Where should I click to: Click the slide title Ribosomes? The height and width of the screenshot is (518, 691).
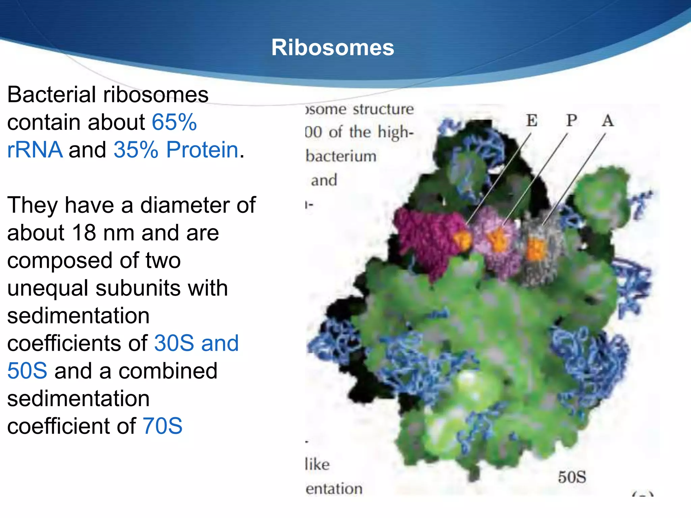[x=332, y=48]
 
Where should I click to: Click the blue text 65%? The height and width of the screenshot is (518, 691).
[x=174, y=122]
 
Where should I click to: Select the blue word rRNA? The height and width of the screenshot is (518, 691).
[x=35, y=150]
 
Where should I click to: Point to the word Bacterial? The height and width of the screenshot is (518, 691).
[x=51, y=95]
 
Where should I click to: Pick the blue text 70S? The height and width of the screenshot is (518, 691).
[x=162, y=426]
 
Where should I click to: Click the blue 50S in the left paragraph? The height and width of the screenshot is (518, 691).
[x=27, y=371]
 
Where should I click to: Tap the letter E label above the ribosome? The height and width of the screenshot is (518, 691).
[x=532, y=120]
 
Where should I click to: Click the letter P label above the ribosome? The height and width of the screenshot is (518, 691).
[x=572, y=120]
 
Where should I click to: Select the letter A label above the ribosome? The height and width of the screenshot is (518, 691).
[x=608, y=121]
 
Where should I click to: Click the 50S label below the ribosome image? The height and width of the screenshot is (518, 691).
[x=572, y=477]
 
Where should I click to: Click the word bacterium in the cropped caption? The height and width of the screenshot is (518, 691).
[x=341, y=156]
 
